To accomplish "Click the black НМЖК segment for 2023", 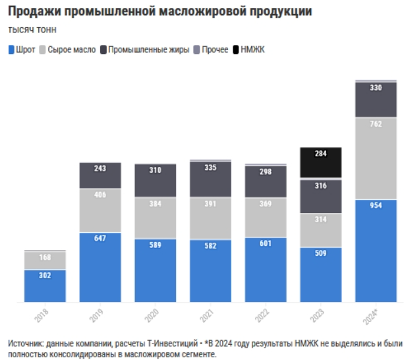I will (x=320, y=163).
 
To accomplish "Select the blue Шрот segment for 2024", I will (x=376, y=251).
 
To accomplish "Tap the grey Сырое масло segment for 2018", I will (x=45, y=260).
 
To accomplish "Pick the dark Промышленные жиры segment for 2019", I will (x=100, y=176).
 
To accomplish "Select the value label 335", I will (x=210, y=167).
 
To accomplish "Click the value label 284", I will (x=320, y=154).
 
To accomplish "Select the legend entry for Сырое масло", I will (x=72, y=49).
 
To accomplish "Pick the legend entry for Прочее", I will (x=215, y=49).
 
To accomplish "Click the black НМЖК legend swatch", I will (x=237, y=49).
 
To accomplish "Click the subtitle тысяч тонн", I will (x=32, y=30).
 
